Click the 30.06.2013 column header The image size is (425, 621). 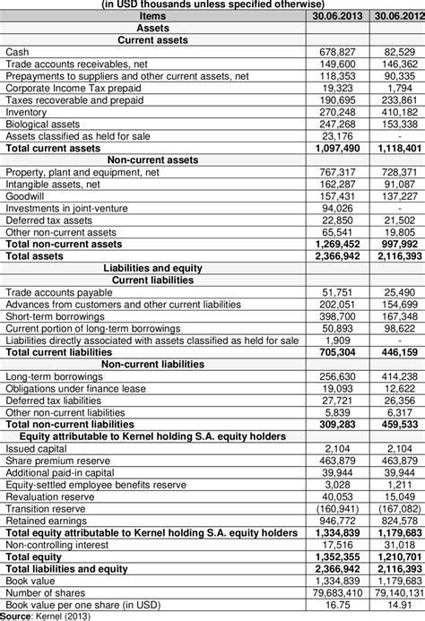pos(336,17)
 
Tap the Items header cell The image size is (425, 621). pos(153,17)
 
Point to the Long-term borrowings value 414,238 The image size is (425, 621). pos(398,375)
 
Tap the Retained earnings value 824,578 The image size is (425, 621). pos(398,519)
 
